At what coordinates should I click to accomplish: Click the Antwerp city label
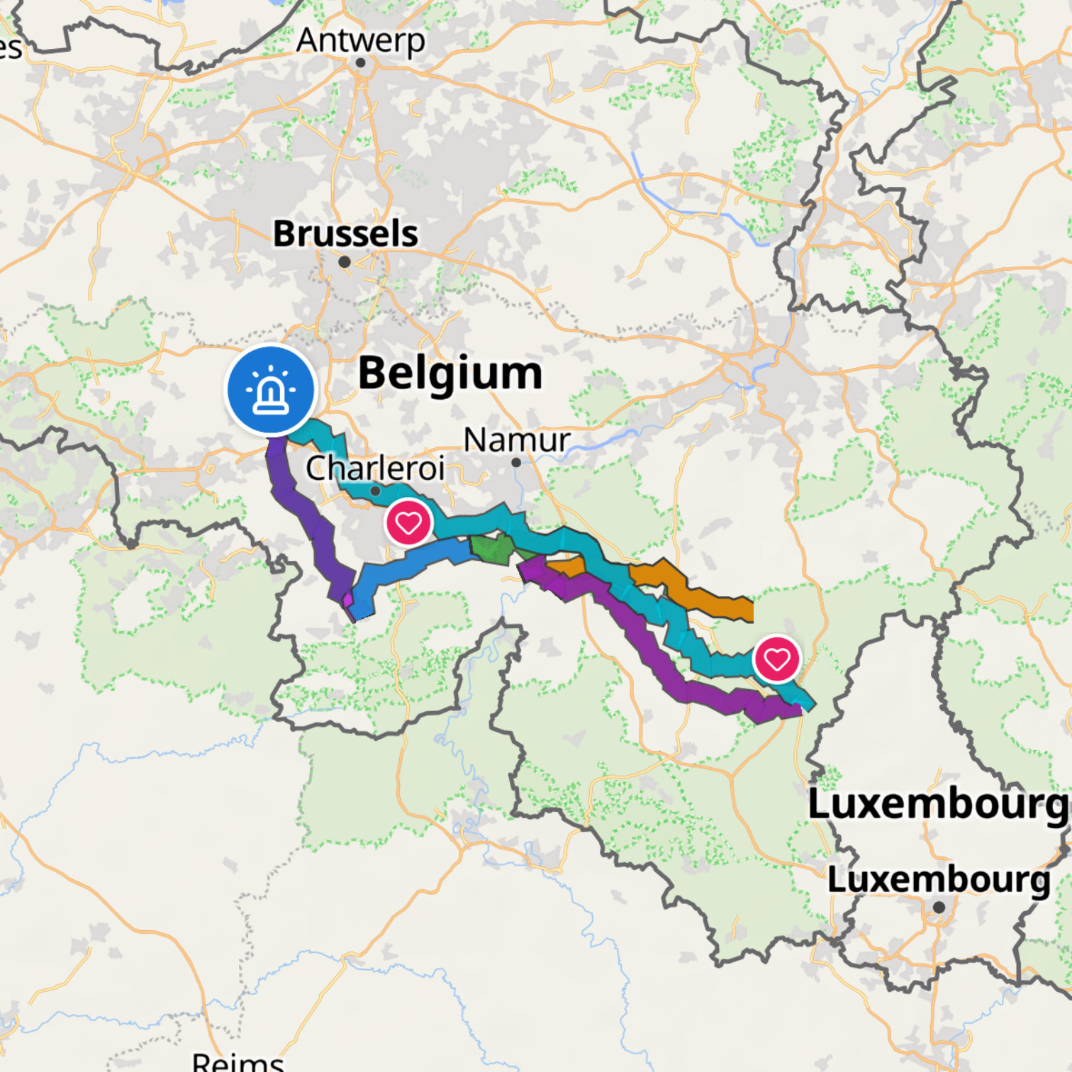tap(360, 40)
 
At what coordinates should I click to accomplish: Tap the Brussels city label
tap(345, 233)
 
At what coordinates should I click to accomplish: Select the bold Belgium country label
tap(450, 373)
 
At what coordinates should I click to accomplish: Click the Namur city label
tap(516, 440)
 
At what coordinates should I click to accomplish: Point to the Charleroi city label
tap(375, 468)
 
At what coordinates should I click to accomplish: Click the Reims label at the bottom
tap(238, 1061)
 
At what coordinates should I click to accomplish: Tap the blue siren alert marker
tap(271, 389)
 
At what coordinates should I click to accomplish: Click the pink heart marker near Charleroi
tap(408, 523)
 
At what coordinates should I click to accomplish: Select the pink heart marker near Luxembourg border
tap(777, 659)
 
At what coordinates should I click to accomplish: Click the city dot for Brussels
tap(345, 262)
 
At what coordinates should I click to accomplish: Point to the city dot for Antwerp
tap(360, 63)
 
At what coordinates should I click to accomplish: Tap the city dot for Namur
tap(516, 462)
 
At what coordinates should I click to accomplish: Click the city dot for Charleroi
tap(375, 491)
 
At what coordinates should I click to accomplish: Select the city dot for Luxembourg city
tap(939, 907)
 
